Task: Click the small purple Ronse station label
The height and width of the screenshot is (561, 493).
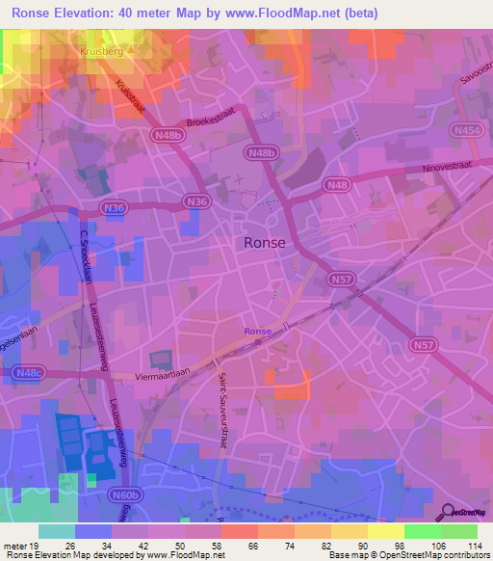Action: click(257, 332)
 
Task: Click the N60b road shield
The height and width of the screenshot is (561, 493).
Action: click(126, 494)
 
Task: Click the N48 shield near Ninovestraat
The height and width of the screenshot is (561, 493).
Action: click(339, 184)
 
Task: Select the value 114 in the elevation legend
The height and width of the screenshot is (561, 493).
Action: click(474, 546)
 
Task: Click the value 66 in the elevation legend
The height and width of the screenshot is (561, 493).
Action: click(253, 546)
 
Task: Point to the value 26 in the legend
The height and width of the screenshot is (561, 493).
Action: click(70, 546)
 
